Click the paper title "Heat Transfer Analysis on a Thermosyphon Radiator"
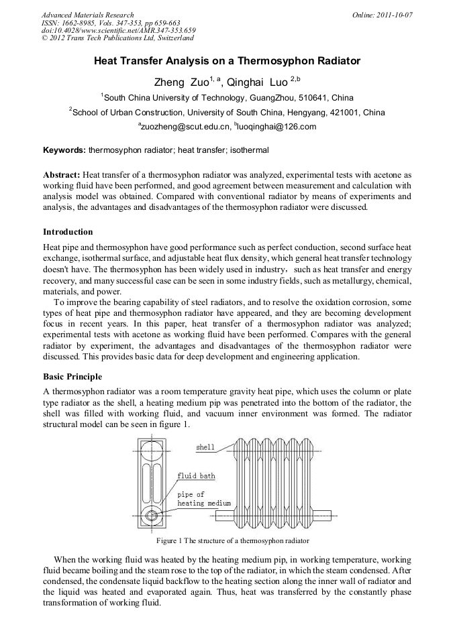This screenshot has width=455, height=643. click(x=227, y=61)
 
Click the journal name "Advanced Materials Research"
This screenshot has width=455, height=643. click(x=87, y=15)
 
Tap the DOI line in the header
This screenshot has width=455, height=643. click(x=118, y=31)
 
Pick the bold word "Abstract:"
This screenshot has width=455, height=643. click(x=62, y=174)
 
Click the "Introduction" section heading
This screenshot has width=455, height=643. click(x=68, y=232)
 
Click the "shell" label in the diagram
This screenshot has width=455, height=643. click(x=205, y=447)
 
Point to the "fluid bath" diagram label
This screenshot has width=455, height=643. click(x=196, y=476)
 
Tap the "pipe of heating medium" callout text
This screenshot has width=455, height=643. click(x=203, y=499)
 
